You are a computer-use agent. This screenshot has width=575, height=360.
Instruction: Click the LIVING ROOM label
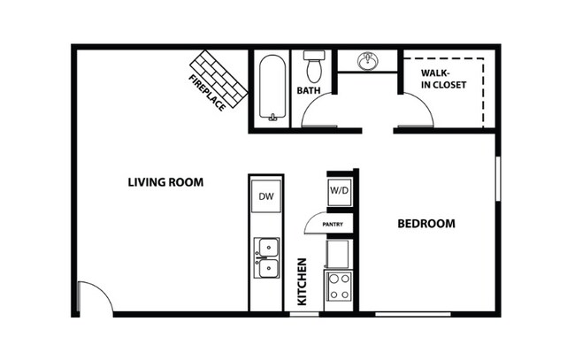pyautogui.click(x=165, y=183)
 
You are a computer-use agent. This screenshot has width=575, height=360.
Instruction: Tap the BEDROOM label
pyautogui.click(x=425, y=224)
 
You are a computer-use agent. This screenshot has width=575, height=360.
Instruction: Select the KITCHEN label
pyautogui.click(x=302, y=281)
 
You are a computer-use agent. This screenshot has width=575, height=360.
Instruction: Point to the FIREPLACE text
pyautogui.click(x=206, y=91)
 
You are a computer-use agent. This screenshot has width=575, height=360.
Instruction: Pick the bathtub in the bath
pyautogui.click(x=272, y=88)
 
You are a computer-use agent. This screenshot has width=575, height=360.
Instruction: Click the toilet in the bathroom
pyautogui.click(x=312, y=65)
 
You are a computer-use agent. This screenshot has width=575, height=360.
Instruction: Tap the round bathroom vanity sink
pyautogui.click(x=369, y=61)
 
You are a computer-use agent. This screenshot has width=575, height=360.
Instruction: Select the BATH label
pyautogui.click(x=309, y=90)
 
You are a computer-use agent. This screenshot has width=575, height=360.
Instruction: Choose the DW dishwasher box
pyautogui.click(x=265, y=196)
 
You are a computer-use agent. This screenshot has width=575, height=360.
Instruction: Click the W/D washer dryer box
pyautogui.click(x=340, y=190)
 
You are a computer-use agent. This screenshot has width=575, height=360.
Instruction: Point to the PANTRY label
pyautogui.click(x=333, y=225)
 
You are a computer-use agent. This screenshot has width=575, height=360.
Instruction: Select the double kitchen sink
pyautogui.click(x=265, y=257)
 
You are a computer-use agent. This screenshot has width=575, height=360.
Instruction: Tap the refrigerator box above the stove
pyautogui.click(x=339, y=254)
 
